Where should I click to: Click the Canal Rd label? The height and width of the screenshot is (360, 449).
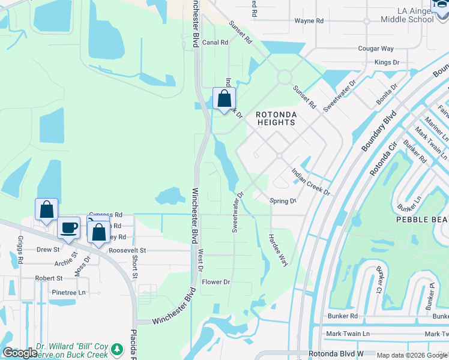click(215, 43)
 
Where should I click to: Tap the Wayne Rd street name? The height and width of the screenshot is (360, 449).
click(309, 21)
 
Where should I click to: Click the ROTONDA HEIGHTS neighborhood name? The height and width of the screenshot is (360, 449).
click(276, 118)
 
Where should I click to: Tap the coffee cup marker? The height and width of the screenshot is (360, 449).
click(69, 228)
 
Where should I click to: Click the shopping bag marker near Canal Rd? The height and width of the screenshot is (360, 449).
click(224, 99)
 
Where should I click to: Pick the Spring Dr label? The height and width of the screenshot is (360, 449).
click(283, 201)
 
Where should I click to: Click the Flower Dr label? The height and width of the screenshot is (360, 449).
click(216, 282)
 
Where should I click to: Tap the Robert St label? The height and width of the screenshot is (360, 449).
click(49, 278)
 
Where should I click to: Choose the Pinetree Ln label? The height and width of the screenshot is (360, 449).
click(69, 292)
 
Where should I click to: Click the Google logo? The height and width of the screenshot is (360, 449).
click(20, 352)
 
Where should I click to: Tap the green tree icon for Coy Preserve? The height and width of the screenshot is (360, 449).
click(118, 349)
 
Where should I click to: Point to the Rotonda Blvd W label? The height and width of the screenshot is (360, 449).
click(336, 355)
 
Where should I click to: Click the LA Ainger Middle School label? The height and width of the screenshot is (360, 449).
click(406, 15)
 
